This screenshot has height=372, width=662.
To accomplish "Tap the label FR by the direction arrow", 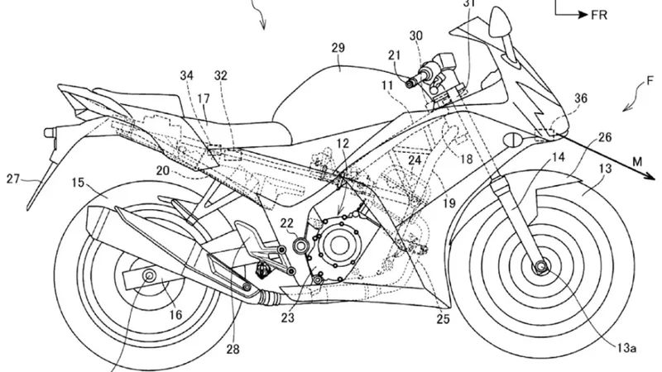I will [592, 14].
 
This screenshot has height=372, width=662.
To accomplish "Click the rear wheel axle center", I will [150, 274].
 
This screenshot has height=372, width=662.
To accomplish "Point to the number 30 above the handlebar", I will [415, 36].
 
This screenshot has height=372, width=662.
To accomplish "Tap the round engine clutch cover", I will [341, 245].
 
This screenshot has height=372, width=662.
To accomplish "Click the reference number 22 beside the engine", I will [286, 222].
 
